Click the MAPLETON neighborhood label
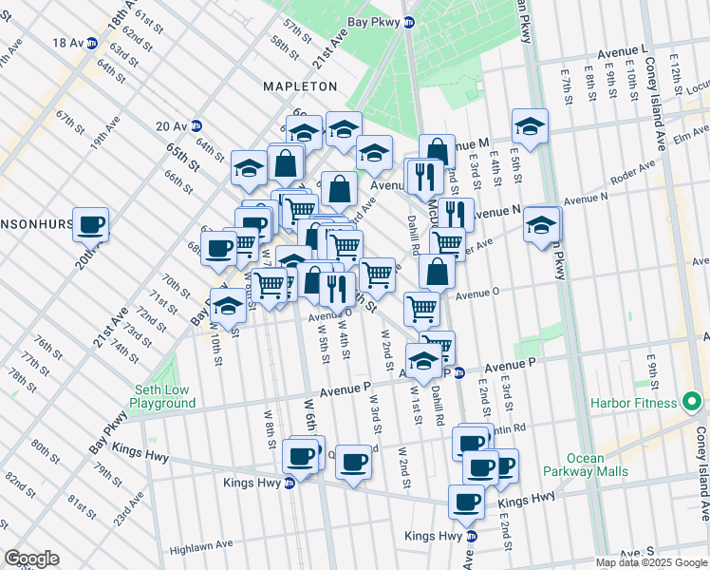coord(300,86)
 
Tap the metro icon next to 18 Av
coord(92,43)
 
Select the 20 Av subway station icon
coord(196,125)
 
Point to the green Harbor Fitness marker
coord(691,403)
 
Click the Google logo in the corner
coord(31,559)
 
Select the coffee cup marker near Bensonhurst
coord(91,225)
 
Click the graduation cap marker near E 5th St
coord(530,125)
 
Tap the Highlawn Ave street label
coord(201,548)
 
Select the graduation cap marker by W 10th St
coord(228,306)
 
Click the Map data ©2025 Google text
coord(650,562)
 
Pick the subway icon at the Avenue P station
coord(458,372)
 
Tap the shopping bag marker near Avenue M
coord(437,151)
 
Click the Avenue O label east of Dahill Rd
coord(476,294)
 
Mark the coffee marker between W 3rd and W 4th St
coord(354,462)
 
